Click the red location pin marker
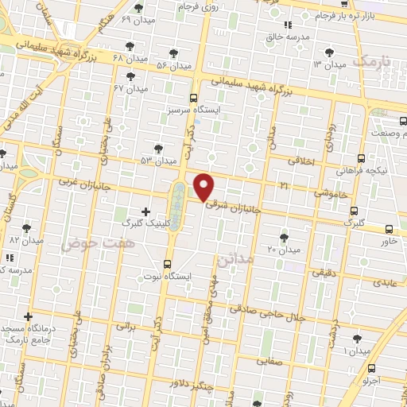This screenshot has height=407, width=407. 204,187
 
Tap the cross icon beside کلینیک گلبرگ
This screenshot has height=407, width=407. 145,211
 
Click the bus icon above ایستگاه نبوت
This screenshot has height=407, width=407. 167,264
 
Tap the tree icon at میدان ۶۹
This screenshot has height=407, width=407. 139,8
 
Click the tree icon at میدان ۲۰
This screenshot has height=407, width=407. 284,237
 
